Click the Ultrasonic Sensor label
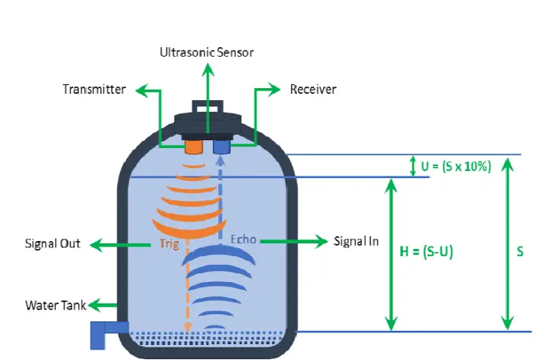207,52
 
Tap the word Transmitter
94,89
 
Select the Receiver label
313,89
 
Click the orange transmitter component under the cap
192,147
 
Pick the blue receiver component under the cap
221,147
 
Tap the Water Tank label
54,305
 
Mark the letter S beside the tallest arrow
520,252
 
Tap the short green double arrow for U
412,166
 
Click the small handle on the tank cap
207,106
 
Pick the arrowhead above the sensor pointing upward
207,69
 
